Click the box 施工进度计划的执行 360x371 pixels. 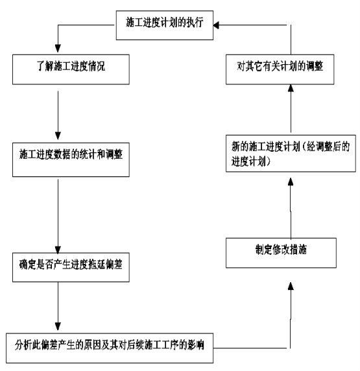pyautogui.click(x=165, y=25)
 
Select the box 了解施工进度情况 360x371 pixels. pyautogui.click(x=71, y=69)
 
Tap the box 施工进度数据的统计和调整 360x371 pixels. pyautogui.click(x=71, y=160)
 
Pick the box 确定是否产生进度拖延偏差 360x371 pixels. pyautogui.click(x=71, y=267)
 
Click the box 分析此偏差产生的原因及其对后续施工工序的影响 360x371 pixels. pyautogui.click(x=110, y=348)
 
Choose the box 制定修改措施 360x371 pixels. pyautogui.click(x=281, y=253)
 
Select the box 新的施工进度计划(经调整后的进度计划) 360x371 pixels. pyautogui.click(x=291, y=153)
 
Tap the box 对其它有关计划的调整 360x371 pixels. pyautogui.click(x=280, y=69)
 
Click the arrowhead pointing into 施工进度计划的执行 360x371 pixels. pyautogui.click(x=216, y=25)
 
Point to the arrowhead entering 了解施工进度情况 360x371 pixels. pyautogui.click(x=58, y=48)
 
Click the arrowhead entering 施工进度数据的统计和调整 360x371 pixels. pyautogui.click(x=58, y=136)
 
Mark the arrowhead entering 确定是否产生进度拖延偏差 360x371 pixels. pyautogui.click(x=58, y=250)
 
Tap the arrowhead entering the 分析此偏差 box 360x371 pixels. pyautogui.click(x=58, y=326)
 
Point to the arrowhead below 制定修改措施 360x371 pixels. pyautogui.click(x=291, y=286)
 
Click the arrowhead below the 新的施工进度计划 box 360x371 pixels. pyautogui.click(x=291, y=182)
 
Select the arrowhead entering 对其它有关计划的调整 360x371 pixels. pyautogui.click(x=291, y=88)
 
